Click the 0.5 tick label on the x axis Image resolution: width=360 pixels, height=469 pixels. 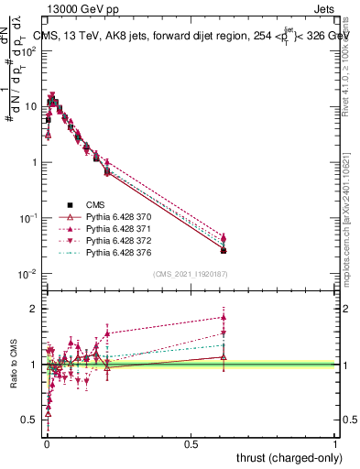[x=191, y=442]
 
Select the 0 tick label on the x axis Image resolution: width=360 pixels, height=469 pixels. [x=46, y=442]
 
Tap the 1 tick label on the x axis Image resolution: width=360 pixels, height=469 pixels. [x=335, y=442]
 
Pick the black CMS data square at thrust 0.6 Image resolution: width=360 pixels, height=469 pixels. [x=224, y=251]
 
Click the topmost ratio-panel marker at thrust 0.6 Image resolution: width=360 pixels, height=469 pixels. [x=224, y=318]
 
